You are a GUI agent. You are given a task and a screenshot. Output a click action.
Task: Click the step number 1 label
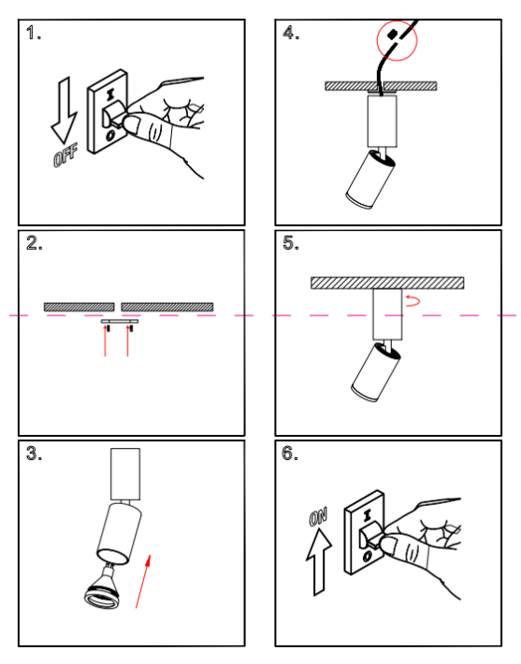click(34, 33)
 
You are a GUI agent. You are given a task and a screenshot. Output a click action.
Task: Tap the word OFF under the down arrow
click(65, 155)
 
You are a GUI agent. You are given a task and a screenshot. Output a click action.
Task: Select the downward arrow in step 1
click(64, 110)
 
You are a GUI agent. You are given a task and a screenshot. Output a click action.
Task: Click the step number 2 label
click(35, 243)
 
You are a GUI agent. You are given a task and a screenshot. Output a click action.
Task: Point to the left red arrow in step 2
click(105, 341)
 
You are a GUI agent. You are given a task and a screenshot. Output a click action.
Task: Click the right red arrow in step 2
click(127, 341)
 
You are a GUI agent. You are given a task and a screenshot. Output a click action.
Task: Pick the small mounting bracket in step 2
click(120, 322)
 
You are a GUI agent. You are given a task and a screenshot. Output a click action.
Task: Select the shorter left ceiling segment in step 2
click(80, 307)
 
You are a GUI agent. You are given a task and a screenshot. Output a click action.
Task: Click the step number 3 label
click(34, 454)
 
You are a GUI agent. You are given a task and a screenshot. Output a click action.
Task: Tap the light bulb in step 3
click(103, 587)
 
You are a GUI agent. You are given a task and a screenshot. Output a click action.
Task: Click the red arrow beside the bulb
click(143, 582)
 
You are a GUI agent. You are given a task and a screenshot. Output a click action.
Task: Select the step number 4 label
click(291, 33)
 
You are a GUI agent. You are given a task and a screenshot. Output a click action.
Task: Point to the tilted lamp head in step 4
click(370, 180)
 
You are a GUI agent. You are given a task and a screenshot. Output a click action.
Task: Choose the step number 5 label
click(291, 243)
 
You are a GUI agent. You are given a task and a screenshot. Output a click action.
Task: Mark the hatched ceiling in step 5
click(387, 282)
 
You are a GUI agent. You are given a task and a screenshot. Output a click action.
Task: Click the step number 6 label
click(290, 454)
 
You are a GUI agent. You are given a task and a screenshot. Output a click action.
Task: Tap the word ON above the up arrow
click(318, 517)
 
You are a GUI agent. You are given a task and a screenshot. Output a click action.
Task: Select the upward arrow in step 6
click(319, 562)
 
